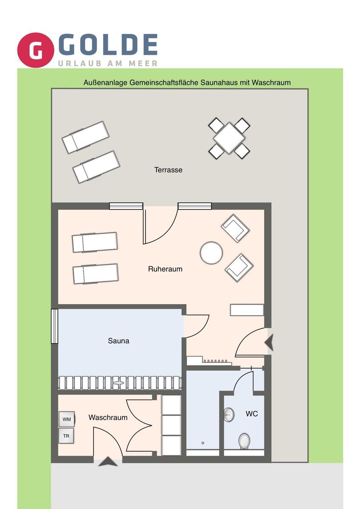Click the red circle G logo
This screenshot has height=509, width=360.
point(36,50)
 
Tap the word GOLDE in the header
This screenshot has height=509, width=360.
point(108,45)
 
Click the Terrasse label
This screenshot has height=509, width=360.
point(168,170)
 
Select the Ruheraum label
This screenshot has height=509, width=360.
point(165,269)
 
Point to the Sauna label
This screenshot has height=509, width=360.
point(118,341)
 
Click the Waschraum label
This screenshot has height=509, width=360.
point(108,417)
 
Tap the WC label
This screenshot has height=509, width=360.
point(252,414)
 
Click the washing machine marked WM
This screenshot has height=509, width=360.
point(67,419)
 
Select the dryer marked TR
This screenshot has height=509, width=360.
point(66,436)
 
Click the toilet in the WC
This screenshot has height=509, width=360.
point(244,441)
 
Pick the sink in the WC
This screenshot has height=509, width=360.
point(229,415)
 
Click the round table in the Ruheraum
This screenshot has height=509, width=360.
point(211,253)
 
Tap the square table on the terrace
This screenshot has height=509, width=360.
point(229,138)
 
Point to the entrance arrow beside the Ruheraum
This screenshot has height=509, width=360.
point(269,342)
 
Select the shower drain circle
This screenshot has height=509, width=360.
point(202,443)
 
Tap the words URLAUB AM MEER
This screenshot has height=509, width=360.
point(108,63)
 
